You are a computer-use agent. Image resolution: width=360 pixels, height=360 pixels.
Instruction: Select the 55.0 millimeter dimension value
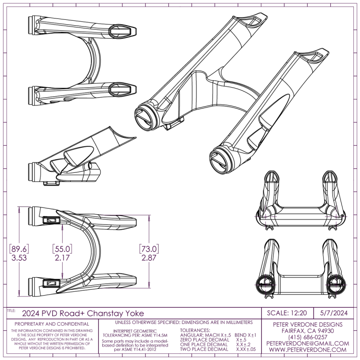coord(62,249)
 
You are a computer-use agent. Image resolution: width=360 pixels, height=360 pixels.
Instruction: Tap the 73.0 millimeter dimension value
coord(149,249)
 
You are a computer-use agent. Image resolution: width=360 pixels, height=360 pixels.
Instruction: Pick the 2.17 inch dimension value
coord(62,258)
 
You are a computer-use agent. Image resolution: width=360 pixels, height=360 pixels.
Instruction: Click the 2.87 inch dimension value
coord(149,258)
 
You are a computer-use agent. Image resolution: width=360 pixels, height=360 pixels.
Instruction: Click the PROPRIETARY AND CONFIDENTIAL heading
coord(52,324)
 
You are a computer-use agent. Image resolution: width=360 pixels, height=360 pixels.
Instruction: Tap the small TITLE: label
coord(11,310)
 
